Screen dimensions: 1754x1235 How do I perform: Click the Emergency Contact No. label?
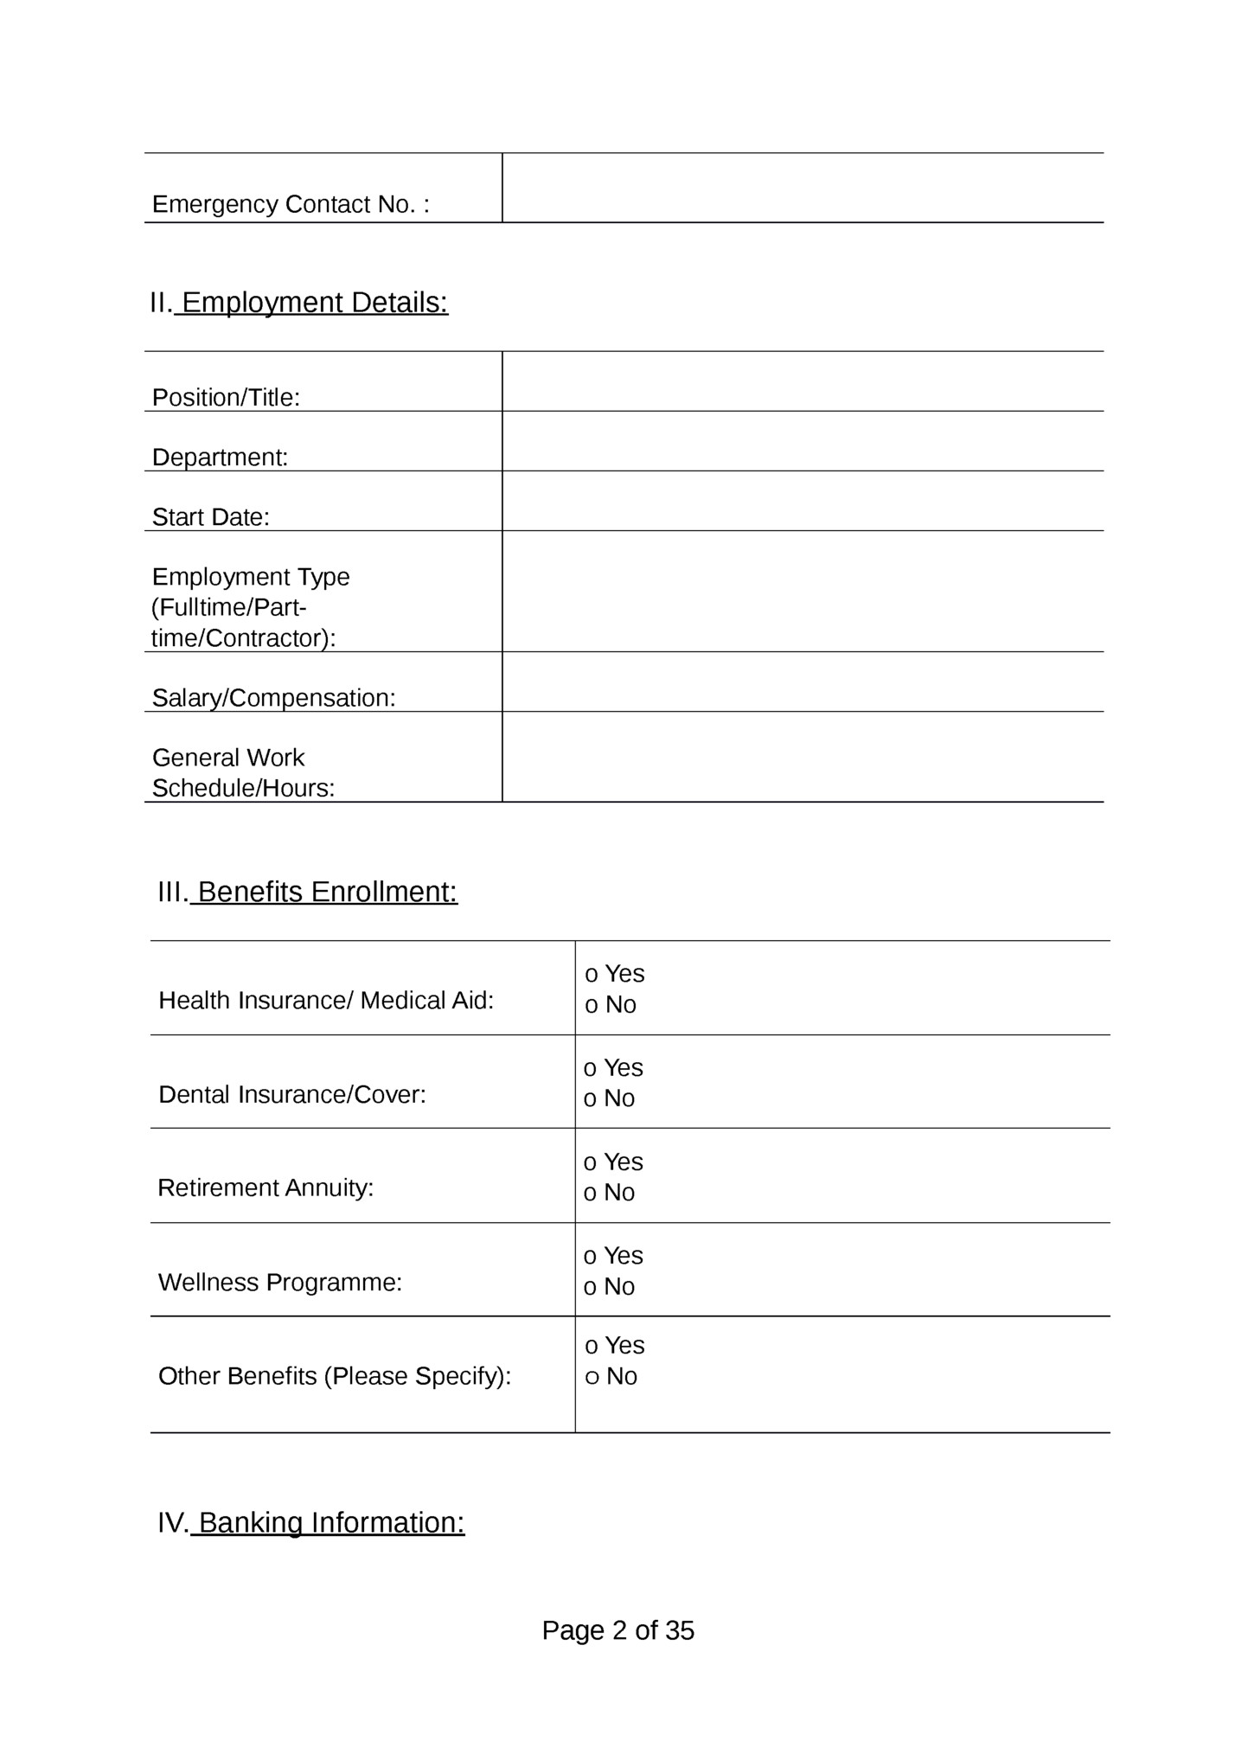pos(291,205)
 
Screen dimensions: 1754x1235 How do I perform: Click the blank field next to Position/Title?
pos(803,381)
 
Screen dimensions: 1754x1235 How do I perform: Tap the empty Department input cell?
pos(803,441)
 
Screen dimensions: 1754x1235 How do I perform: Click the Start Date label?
pos(211,517)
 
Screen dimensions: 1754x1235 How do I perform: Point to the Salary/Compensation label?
pos(273,698)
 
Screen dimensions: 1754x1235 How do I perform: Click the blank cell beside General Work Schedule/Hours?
pos(803,757)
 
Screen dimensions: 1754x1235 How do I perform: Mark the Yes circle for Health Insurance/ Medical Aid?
pos(592,975)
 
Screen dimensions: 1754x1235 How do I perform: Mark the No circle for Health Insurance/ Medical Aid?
pos(592,1006)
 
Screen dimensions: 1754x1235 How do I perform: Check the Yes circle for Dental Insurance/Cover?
pos(590,1069)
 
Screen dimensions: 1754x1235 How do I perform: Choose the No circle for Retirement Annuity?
pos(590,1194)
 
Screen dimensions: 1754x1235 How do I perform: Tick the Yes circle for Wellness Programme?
pos(590,1257)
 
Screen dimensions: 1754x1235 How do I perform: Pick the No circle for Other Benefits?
pos(592,1377)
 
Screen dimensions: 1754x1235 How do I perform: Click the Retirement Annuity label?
pos(266,1187)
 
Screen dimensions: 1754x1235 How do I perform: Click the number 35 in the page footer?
pos(680,1630)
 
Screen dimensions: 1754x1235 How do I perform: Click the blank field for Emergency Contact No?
pos(803,188)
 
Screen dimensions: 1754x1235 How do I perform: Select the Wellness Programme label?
pos(280,1282)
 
